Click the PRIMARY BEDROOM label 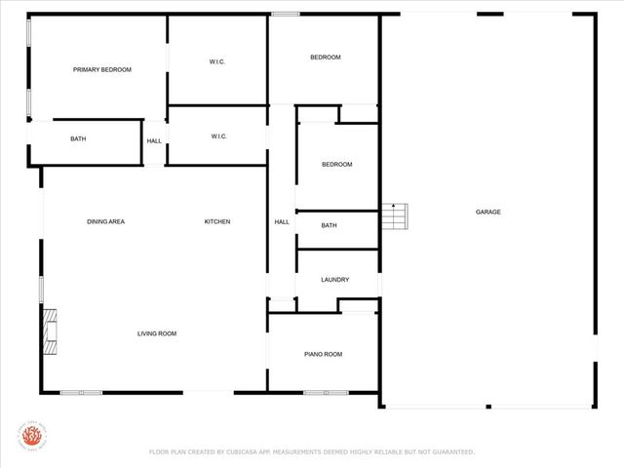click(102, 69)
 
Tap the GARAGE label click(487, 212)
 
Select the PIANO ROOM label click(324, 354)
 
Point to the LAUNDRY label click(335, 280)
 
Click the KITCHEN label click(217, 221)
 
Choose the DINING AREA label click(105, 221)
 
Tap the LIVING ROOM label click(156, 333)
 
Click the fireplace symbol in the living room click(50, 332)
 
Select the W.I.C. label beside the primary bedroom click(217, 61)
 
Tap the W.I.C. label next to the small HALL click(218, 136)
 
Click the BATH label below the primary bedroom click(78, 138)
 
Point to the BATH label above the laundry click(330, 225)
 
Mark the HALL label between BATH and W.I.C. click(154, 141)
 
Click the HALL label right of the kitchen click(282, 221)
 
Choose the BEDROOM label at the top click(326, 58)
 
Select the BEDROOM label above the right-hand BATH click(336, 164)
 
